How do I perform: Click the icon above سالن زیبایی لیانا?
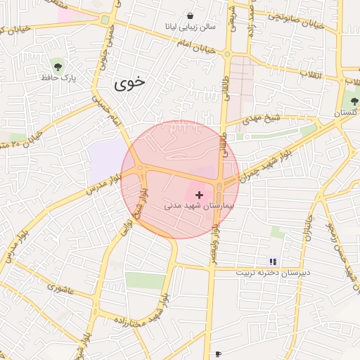coord(190,15)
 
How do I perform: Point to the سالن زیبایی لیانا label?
coord(190,28)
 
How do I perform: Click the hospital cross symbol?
coord(199,194)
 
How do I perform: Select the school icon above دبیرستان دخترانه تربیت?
coord(273,262)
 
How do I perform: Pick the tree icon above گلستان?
coord(354,102)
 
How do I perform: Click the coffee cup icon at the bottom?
coord(218,354)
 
